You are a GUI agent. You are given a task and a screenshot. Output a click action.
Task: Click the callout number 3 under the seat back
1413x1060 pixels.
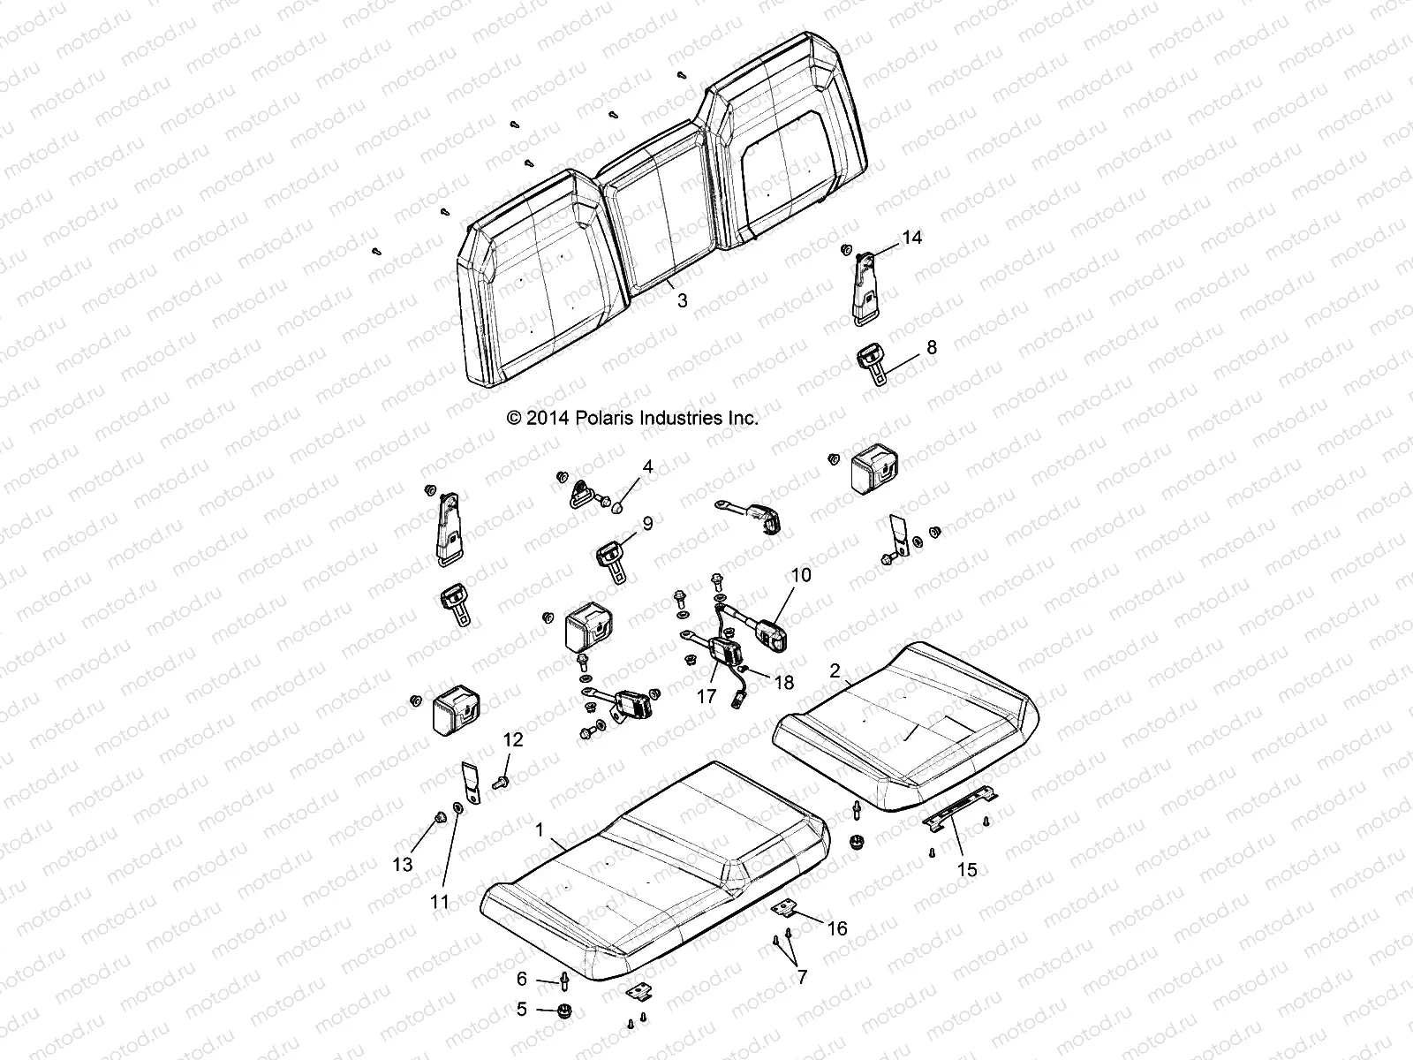click(682, 300)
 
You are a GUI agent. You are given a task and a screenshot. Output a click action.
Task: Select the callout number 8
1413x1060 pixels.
click(931, 347)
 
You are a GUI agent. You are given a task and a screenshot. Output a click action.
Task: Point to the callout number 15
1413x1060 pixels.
click(967, 870)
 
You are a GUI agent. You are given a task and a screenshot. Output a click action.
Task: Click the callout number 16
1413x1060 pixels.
click(837, 928)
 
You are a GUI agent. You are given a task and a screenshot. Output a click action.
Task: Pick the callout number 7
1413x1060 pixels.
click(802, 977)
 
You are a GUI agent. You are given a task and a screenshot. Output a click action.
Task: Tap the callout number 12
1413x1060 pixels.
click(513, 739)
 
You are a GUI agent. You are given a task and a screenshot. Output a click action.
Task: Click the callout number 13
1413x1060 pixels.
click(403, 865)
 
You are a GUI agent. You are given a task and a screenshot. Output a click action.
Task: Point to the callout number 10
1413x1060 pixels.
click(800, 575)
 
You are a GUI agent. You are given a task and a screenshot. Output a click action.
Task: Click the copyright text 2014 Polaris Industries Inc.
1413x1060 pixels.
click(632, 418)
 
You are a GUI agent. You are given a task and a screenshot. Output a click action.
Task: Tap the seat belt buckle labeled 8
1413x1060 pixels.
click(874, 362)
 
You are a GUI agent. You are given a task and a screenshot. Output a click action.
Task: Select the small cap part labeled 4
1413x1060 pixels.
click(618, 507)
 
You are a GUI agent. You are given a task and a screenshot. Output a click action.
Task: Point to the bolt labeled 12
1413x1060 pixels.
click(501, 780)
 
